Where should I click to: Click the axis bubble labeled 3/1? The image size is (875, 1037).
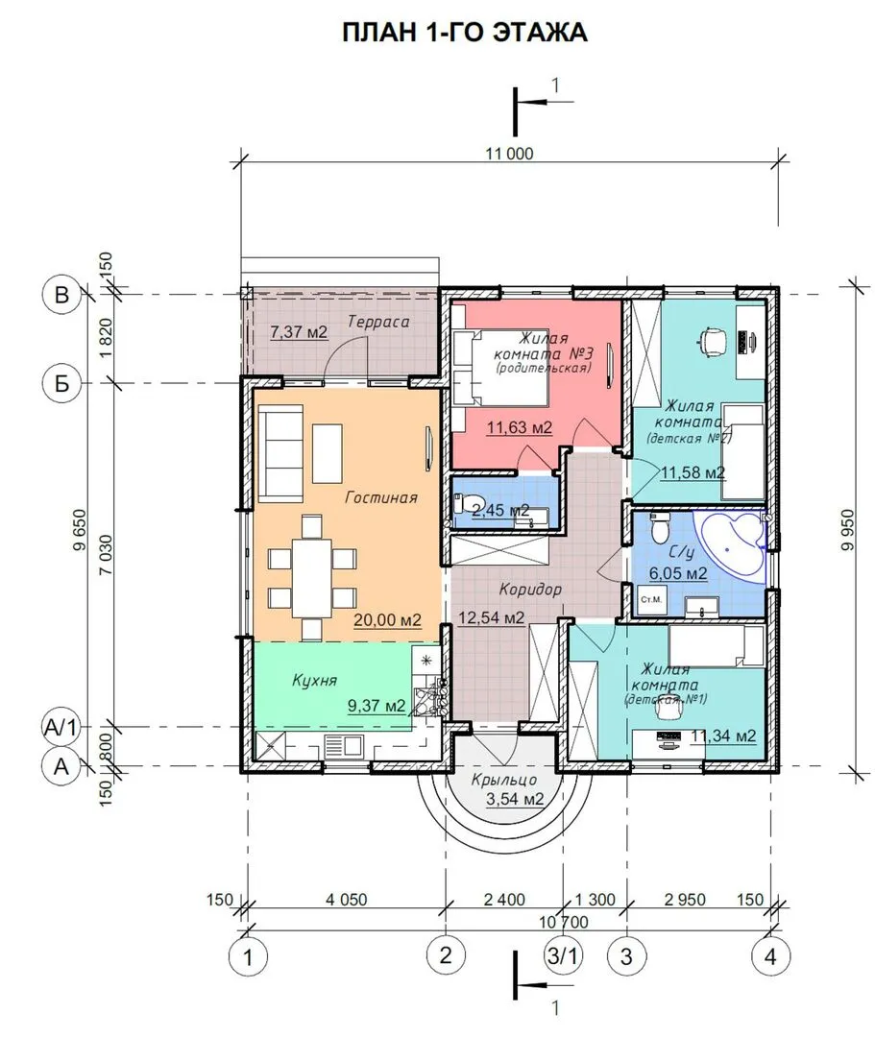click(x=563, y=955)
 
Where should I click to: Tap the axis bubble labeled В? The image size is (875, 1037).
click(x=61, y=295)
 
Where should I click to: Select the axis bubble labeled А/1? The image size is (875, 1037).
click(x=61, y=728)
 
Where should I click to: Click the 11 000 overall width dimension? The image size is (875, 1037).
click(x=509, y=154)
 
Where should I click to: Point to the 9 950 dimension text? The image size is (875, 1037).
click(x=848, y=529)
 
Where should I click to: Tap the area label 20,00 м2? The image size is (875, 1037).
click(x=388, y=619)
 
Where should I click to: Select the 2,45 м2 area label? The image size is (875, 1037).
click(x=500, y=510)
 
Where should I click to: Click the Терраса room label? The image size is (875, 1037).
click(x=378, y=322)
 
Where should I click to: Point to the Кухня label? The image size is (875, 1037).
click(x=315, y=680)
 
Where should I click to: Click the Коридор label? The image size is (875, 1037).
click(x=530, y=589)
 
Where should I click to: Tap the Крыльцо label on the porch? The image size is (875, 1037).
click(x=504, y=781)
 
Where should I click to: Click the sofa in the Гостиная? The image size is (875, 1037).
click(x=280, y=454)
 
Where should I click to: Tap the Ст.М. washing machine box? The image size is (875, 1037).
click(x=651, y=600)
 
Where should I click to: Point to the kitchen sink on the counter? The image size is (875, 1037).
click(x=343, y=746)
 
